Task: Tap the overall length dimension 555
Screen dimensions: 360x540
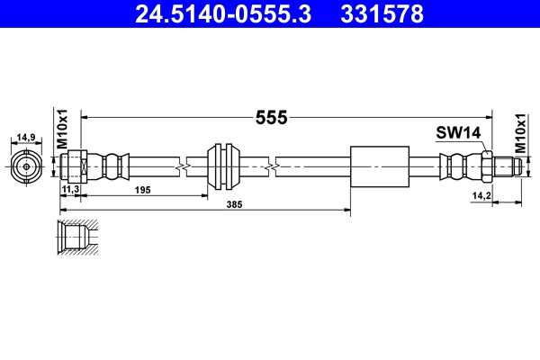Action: (270, 117)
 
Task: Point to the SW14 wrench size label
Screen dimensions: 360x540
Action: (459, 133)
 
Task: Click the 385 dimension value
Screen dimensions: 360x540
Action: (210, 204)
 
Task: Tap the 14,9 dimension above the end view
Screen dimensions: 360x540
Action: (27, 138)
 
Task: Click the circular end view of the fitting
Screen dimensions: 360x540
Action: (27, 166)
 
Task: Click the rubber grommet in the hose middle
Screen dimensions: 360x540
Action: (221, 166)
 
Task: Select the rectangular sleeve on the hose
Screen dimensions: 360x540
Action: (379, 166)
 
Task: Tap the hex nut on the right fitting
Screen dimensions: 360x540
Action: (485, 166)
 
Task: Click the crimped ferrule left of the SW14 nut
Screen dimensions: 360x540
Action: (457, 166)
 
